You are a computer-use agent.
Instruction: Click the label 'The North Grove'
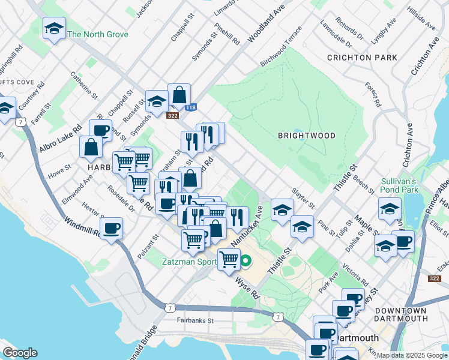click(x=98, y=34)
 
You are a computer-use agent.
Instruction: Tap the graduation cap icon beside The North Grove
click(x=55, y=28)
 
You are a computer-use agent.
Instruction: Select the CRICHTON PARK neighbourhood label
click(x=362, y=58)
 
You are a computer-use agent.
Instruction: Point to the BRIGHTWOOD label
click(x=306, y=136)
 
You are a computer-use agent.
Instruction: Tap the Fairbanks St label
click(x=195, y=320)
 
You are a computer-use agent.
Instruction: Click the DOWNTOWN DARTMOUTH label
click(x=400, y=315)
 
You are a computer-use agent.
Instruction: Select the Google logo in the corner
click(x=20, y=353)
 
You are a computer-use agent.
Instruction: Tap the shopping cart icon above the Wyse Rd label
click(x=229, y=259)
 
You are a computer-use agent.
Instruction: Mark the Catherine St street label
click(x=84, y=85)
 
